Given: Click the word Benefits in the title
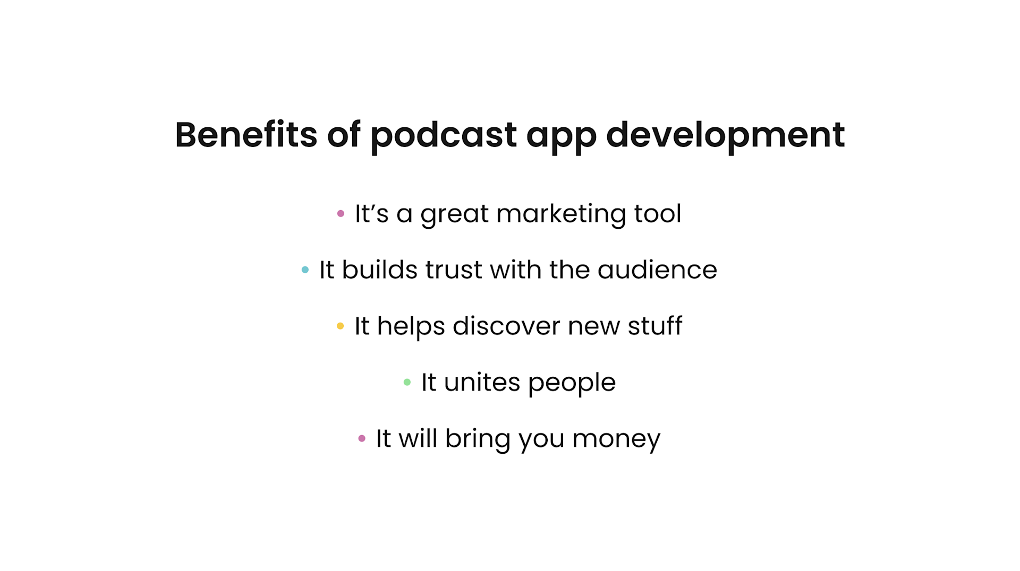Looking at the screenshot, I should (245, 135).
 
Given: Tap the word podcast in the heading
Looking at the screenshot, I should (443, 136).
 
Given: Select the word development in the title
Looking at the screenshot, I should (725, 136).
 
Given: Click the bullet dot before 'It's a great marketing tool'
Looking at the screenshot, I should (341, 213).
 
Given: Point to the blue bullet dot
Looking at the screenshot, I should (305, 270).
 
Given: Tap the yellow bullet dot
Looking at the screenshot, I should (340, 326).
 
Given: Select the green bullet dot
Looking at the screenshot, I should (407, 382).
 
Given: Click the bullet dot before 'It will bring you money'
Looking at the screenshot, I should (362, 438).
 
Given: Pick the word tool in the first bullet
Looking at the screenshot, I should (657, 213).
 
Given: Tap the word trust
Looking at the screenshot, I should (453, 270).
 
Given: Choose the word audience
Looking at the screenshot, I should (657, 270).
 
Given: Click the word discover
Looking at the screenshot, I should (506, 326).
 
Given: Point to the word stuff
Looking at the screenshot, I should (654, 326).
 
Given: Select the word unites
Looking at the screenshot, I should (481, 382).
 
